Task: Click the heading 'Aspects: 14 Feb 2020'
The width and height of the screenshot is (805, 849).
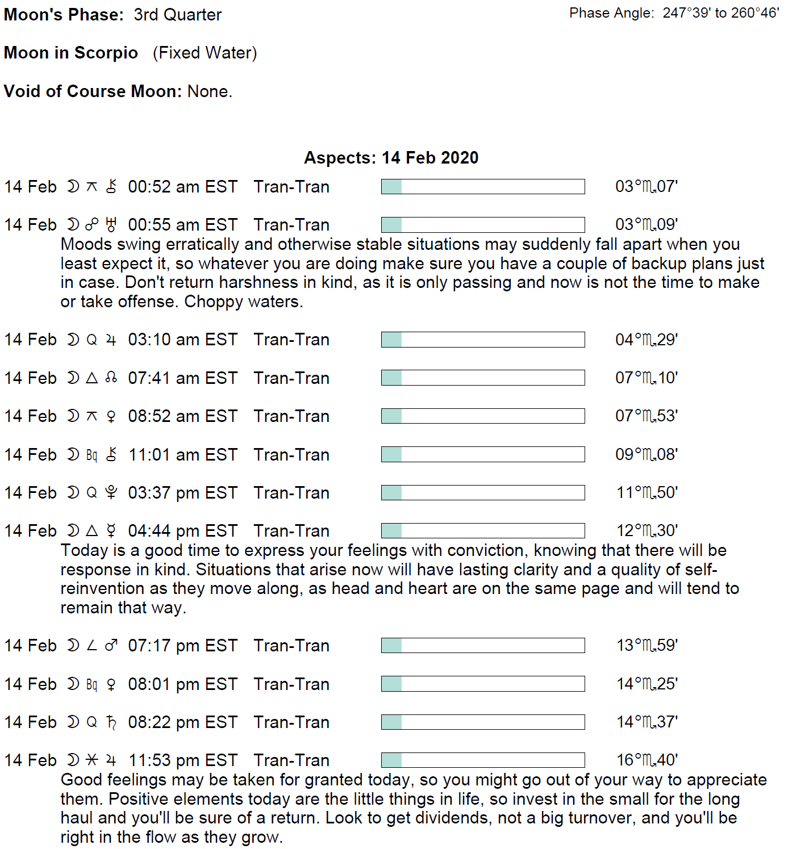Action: tap(391, 158)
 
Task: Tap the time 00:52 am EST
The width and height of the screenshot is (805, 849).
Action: tap(182, 187)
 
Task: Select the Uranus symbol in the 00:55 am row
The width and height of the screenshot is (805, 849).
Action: tap(111, 225)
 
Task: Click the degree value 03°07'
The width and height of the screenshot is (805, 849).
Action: tap(646, 187)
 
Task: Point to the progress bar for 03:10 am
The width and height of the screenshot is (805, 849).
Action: tap(482, 340)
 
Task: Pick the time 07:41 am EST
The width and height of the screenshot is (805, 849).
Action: tap(182, 378)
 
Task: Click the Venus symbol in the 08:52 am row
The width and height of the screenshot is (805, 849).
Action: tap(111, 417)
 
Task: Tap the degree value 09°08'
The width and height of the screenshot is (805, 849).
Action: tap(646, 455)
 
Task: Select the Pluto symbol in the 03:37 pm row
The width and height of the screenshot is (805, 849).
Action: tap(111, 493)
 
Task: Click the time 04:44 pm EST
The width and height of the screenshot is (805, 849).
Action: tap(182, 531)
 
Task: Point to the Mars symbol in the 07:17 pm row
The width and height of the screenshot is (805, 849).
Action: tap(111, 646)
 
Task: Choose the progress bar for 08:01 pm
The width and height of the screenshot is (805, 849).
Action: tap(482, 684)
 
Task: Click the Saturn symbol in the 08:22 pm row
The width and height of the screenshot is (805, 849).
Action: tap(111, 722)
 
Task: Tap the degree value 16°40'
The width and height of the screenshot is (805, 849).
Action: tap(647, 760)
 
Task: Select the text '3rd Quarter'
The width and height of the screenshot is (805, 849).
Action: tap(177, 15)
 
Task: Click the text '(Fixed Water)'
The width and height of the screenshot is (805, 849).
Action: tap(205, 53)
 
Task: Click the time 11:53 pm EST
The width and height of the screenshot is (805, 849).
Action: tap(182, 760)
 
